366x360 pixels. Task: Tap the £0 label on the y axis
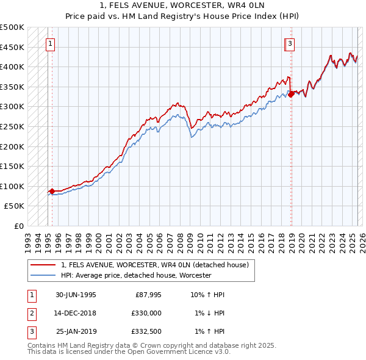pos(19,226)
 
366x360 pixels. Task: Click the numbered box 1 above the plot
pos(49,43)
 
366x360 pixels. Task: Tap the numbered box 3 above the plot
pos(290,43)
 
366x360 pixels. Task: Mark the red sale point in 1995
pos(52,191)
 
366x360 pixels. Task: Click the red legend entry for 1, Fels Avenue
pos(154,265)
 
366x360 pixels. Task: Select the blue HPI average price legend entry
pos(135,276)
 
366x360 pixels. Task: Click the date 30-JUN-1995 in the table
pos(76,295)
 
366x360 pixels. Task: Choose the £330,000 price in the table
pos(147,314)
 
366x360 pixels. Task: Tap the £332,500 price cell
pos(147,333)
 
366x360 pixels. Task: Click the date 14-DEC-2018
pos(76,314)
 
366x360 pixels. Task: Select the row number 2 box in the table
pos(31,314)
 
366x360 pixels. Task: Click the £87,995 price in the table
pos(149,295)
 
